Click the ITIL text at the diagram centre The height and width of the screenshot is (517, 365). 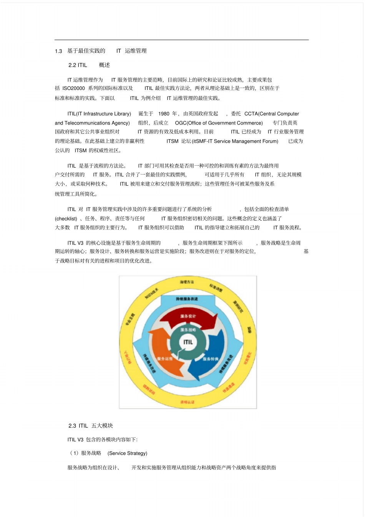(188, 342)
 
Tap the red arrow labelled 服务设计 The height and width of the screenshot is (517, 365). (188, 316)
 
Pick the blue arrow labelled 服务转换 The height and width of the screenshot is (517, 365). (210, 359)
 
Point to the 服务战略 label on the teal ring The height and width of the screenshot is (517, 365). (188, 330)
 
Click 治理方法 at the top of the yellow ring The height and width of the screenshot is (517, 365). (187, 282)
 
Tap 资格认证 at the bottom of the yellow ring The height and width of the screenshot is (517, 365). (187, 402)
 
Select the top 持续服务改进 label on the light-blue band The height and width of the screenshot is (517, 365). (187, 299)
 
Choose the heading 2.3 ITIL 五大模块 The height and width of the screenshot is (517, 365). (91, 426)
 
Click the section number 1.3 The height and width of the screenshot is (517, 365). (58, 51)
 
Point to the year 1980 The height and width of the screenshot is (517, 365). (164, 114)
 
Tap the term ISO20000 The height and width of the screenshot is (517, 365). (73, 88)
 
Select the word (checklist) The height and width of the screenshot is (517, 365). (66, 219)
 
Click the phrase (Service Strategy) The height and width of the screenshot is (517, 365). (128, 454)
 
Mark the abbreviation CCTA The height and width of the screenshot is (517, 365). (251, 114)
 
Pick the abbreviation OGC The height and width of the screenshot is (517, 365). (181, 123)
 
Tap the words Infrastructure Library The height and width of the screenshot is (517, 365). (106, 114)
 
